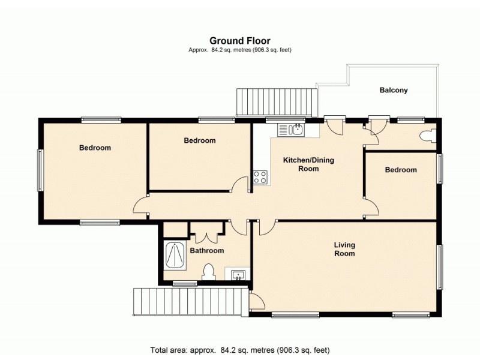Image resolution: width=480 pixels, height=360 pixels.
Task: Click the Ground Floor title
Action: click(x=239, y=41)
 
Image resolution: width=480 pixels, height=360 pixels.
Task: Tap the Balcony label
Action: click(x=394, y=91)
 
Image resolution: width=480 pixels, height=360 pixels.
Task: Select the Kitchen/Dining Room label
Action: click(x=308, y=164)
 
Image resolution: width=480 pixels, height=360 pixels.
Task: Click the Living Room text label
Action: click(x=344, y=249)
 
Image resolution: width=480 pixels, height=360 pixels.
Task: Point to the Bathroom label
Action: click(x=207, y=251)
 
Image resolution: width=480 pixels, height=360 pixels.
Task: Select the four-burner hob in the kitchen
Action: click(x=261, y=177)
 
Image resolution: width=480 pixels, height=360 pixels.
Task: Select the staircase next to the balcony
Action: click(x=277, y=102)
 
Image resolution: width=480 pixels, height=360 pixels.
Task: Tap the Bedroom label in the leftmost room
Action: click(x=95, y=148)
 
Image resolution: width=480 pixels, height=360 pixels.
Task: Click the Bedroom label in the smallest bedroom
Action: click(x=400, y=170)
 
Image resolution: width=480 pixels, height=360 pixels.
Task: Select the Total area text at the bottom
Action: click(x=239, y=349)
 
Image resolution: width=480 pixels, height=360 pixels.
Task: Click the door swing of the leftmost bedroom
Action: click(x=140, y=205)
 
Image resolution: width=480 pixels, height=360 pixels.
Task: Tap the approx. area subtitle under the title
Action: click(x=239, y=50)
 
